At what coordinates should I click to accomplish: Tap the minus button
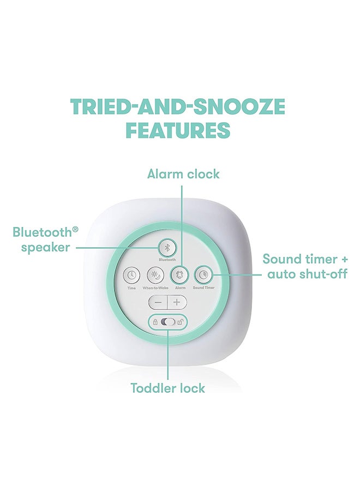(x=158, y=302)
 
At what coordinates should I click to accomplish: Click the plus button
(x=177, y=302)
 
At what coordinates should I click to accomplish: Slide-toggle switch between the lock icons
(x=169, y=322)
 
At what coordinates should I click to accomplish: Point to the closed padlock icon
(x=156, y=322)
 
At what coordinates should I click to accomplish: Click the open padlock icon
(x=181, y=322)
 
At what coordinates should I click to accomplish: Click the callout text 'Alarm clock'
(x=183, y=174)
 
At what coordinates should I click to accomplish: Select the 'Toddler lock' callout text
(x=168, y=388)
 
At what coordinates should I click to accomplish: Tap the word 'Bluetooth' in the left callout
(x=42, y=232)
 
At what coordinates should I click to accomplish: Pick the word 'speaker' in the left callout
(x=46, y=247)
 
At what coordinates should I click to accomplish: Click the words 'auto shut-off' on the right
(x=307, y=273)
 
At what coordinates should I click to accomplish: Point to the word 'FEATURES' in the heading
(x=178, y=130)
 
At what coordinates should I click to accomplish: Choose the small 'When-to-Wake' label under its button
(x=155, y=287)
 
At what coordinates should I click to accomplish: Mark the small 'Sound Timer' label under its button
(x=203, y=287)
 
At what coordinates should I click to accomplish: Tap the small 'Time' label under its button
(x=131, y=287)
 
